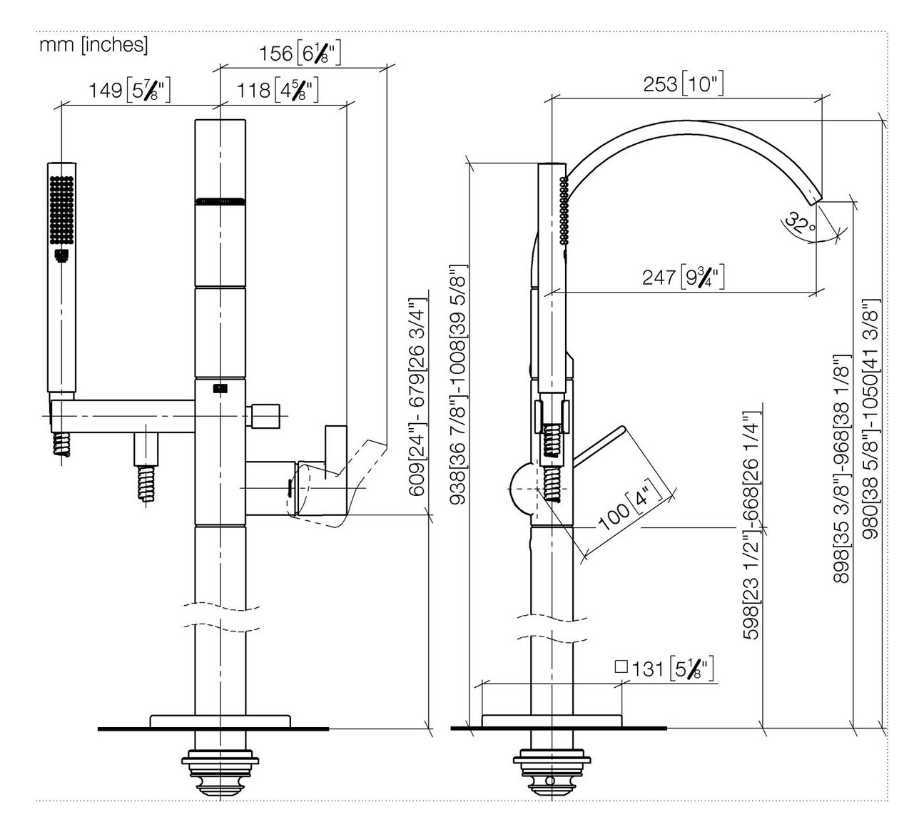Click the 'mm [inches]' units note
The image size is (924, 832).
coord(93,45)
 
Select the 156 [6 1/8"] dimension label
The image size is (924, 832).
coord(300,54)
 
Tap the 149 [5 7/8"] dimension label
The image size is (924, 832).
coord(129,91)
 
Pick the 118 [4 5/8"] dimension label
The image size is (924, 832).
coord(277,91)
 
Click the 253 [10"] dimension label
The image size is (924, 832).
coord(683,84)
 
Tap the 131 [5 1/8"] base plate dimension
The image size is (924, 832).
coord(664,669)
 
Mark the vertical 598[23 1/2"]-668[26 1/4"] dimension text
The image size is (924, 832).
coord(751,524)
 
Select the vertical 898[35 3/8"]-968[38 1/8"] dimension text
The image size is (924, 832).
coord(842,467)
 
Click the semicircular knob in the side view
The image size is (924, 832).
coord(521,489)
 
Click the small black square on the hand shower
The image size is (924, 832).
coord(61,254)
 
